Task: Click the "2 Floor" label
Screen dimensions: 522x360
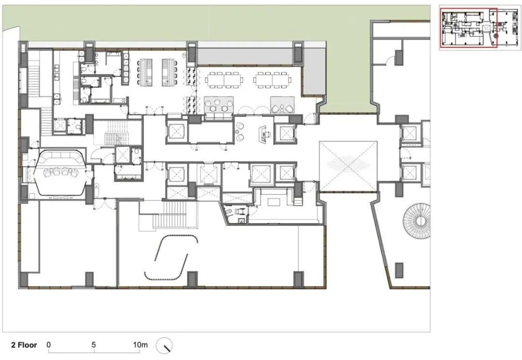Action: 24,345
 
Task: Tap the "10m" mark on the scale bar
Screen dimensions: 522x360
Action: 140,345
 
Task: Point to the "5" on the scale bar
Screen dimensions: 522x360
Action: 94,345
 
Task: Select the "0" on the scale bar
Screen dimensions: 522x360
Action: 49,345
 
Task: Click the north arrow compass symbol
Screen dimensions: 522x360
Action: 164,346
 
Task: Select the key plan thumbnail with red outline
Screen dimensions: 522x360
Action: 480,28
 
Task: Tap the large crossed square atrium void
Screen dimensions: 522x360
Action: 348,166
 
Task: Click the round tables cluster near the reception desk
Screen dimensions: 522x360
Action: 240,132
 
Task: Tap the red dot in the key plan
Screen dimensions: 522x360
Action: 495,36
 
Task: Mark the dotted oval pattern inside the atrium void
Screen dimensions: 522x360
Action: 348,164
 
